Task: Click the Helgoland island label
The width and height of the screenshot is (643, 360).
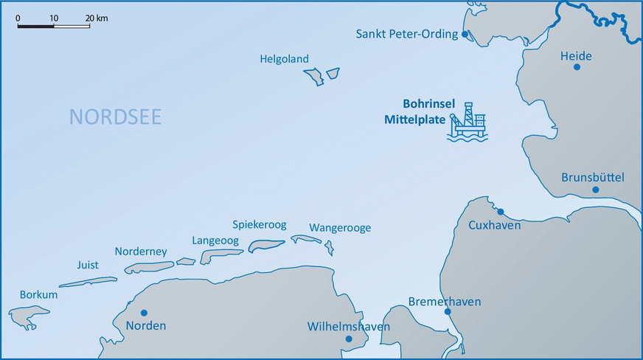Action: point(284,59)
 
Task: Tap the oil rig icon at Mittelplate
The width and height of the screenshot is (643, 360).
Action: point(468,122)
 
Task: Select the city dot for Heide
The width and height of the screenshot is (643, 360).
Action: point(577,67)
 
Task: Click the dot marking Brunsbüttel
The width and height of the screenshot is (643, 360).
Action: point(595,190)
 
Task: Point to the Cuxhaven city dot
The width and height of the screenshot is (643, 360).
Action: point(501,212)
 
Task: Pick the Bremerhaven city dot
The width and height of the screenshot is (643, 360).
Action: point(448,312)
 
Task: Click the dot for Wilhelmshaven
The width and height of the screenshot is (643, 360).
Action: point(349,339)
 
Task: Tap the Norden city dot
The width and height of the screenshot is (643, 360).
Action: point(144,313)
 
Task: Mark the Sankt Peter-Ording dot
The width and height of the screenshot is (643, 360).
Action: point(465,35)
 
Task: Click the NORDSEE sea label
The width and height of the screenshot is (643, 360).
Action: point(115,117)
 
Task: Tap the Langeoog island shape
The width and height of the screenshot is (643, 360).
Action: point(222,255)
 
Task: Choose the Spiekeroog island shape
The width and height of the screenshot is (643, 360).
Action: point(265,244)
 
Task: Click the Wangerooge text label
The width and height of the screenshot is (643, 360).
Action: point(340,228)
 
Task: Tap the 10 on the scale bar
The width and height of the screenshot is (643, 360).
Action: point(53,17)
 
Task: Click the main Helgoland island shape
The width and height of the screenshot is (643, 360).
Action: point(316,76)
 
